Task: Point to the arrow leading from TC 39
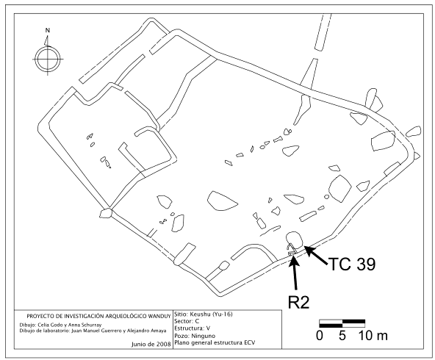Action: (316, 253)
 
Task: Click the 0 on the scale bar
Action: (320, 336)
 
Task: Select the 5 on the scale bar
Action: (342, 336)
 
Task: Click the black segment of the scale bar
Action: (331, 323)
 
